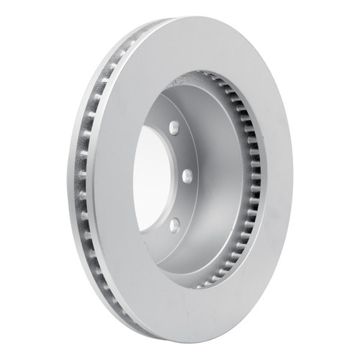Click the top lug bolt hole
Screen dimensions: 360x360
174,129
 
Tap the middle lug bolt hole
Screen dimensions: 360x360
186,174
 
